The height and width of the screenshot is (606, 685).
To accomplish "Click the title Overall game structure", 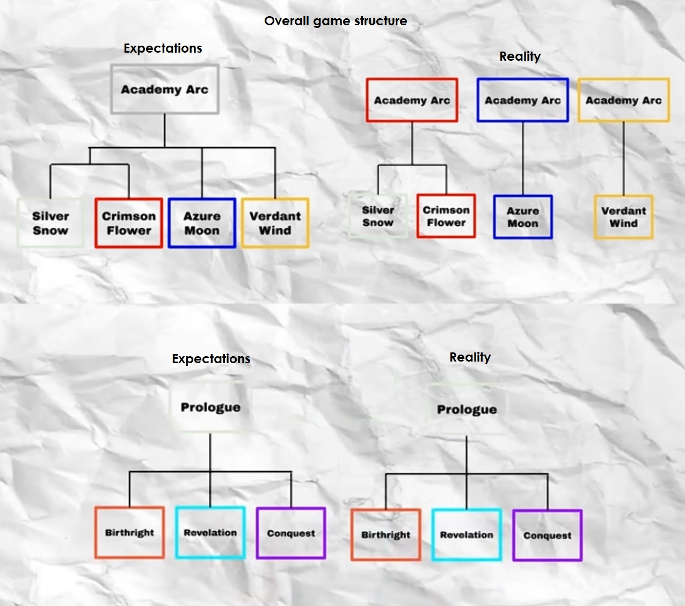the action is (336, 21).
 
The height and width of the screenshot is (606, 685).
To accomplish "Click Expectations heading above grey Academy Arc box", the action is (163, 48).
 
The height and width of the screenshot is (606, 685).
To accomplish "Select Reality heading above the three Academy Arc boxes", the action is (520, 56).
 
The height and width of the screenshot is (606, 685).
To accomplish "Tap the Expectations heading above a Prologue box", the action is (211, 359).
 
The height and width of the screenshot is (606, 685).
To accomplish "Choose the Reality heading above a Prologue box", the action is (470, 357).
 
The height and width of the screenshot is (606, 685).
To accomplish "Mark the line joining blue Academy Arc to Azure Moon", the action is (523, 158).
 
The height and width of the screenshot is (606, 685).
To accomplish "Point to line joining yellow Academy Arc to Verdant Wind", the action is (623, 158).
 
